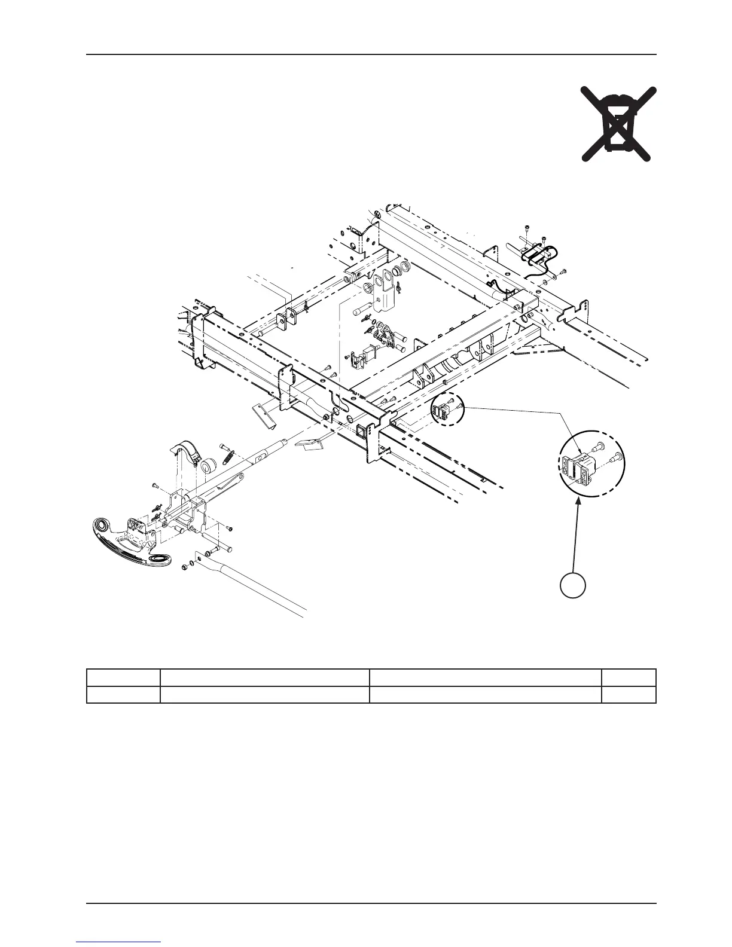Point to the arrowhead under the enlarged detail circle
click(578, 505)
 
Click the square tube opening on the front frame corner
click(361, 430)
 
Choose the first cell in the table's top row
click(123, 677)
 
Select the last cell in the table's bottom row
click(628, 694)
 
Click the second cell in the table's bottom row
click(264, 694)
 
